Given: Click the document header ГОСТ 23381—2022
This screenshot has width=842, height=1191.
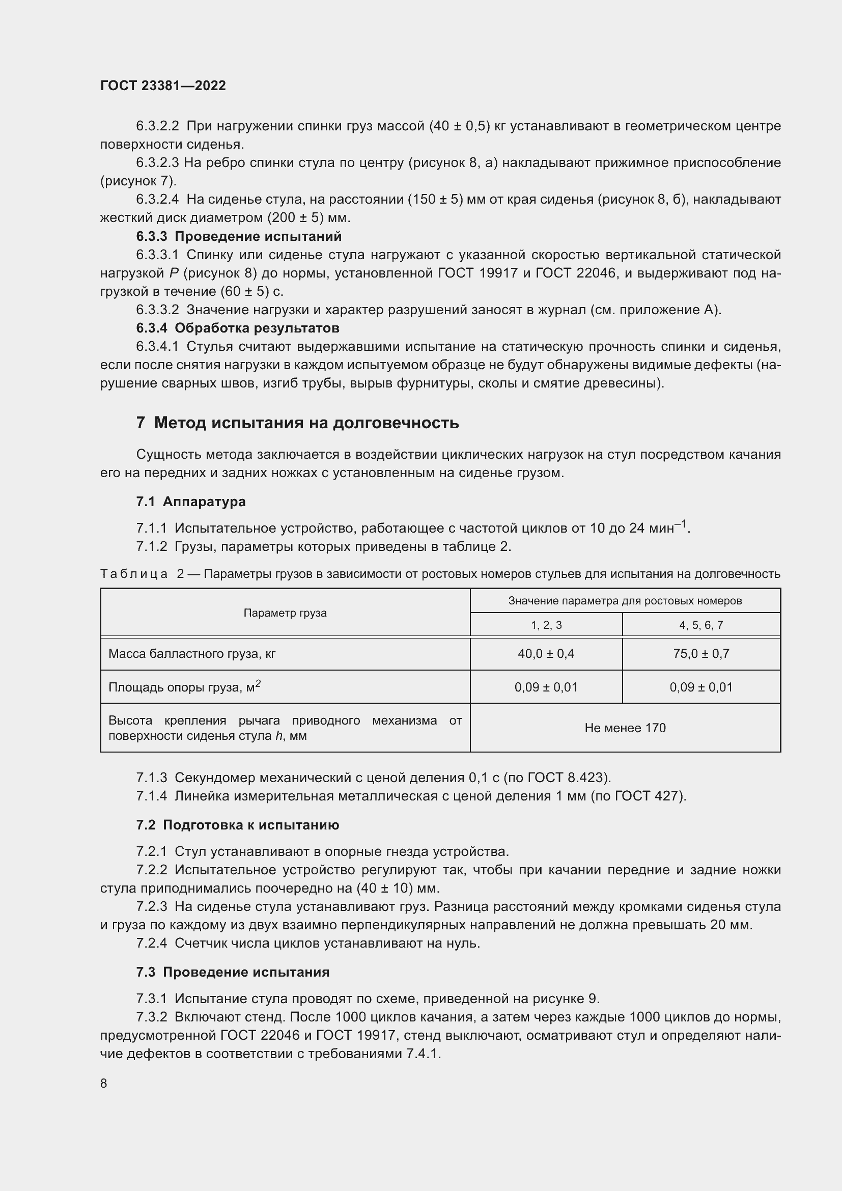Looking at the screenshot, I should click(163, 86).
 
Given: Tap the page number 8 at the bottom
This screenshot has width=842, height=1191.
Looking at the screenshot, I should click(104, 1083).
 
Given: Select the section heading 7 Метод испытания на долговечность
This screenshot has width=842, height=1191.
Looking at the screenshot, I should click(297, 423).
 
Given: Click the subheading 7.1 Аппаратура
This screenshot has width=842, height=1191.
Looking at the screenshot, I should click(191, 502).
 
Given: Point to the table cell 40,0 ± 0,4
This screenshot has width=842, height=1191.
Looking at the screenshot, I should click(546, 654).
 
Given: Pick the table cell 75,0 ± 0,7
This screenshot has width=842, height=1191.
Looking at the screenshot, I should click(701, 654).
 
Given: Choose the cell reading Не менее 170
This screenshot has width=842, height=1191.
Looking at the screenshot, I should click(625, 728).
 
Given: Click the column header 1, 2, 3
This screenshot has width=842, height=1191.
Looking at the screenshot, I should click(546, 625).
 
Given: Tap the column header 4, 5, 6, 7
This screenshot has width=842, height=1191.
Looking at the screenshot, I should click(701, 625).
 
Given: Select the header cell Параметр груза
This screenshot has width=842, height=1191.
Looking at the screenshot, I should click(285, 613).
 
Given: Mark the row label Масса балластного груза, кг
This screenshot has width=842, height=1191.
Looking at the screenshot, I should click(192, 654).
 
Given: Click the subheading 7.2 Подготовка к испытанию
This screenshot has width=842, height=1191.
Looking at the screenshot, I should click(237, 825).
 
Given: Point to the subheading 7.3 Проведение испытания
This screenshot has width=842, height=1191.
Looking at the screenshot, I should click(233, 972).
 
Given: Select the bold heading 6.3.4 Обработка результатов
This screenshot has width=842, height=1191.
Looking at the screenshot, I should click(237, 328).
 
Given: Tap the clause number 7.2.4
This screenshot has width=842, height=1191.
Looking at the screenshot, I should click(151, 943).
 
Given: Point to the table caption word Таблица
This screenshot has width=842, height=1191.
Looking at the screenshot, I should click(134, 574).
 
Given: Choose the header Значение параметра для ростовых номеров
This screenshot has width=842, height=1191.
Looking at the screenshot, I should click(625, 601).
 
